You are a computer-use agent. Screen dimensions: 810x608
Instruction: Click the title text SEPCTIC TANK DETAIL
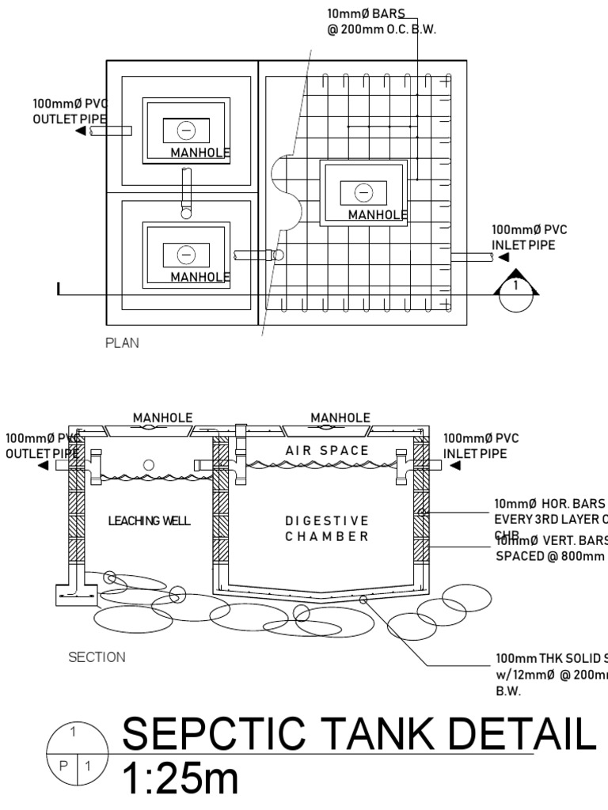click(355, 736)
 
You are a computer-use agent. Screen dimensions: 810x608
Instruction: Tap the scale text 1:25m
click(180, 779)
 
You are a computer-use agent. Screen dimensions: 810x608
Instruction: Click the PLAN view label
click(122, 344)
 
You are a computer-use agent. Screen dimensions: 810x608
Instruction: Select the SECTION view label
click(97, 657)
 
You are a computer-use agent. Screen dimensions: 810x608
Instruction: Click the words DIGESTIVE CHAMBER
click(327, 528)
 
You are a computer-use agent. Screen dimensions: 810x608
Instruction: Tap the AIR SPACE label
click(327, 450)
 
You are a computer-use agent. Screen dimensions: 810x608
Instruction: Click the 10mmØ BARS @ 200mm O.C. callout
click(382, 21)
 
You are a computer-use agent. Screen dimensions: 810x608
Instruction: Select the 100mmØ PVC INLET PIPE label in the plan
click(530, 237)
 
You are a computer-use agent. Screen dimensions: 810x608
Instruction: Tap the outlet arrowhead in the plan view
click(81, 131)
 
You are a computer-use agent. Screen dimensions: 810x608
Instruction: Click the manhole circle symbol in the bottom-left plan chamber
click(186, 254)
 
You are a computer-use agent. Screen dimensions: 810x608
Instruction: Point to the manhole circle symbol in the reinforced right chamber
click(363, 192)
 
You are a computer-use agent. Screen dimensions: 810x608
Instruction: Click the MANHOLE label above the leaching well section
click(162, 418)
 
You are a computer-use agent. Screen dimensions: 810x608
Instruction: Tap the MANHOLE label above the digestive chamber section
click(340, 418)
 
